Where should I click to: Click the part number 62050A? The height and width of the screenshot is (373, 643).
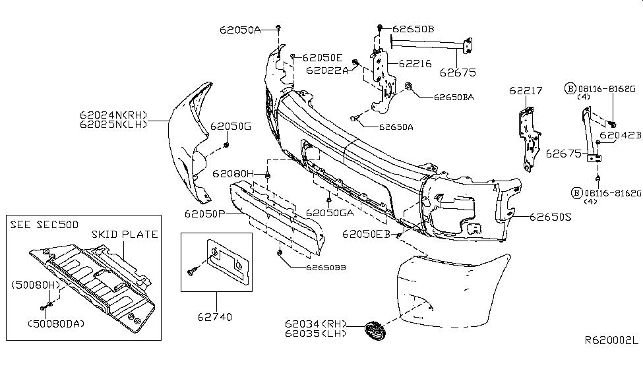coord(241,30)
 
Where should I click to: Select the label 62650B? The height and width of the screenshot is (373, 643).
coord(413,29)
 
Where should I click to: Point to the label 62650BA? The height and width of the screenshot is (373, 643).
coord(454,97)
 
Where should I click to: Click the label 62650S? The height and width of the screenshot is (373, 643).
coord(551,215)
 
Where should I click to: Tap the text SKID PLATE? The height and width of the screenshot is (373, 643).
coord(125,234)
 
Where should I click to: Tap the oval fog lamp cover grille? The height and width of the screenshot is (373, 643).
coord(375,330)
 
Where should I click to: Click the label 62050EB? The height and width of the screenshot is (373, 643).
coord(366,234)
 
